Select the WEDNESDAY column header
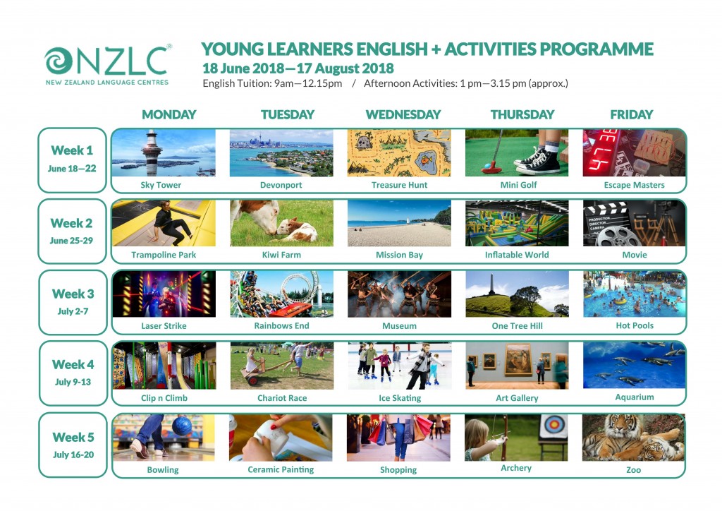tap(403, 114)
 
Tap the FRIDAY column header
tap(632, 114)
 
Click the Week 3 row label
tap(73, 301)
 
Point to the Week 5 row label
tap(73, 445)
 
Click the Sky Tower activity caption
tap(160, 186)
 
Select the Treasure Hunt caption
tap(399, 186)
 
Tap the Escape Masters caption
tap(634, 186)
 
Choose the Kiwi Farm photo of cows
tap(281, 223)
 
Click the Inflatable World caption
tap(516, 255)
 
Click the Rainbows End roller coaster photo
tap(281, 294)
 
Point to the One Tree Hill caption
tap(517, 327)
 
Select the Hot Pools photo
tap(634, 294)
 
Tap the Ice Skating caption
tap(399, 398)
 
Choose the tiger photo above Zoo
tap(634, 438)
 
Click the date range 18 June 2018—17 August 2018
tap(298, 69)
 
